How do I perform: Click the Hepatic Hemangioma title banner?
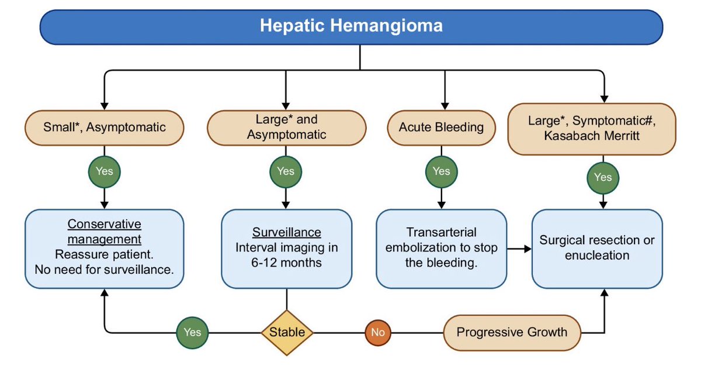351,27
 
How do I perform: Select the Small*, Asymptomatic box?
104,127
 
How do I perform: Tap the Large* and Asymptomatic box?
286,127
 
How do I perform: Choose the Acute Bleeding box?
441,127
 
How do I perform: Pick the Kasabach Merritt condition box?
591,129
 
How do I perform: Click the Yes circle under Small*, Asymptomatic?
104,172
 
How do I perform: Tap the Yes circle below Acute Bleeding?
441,172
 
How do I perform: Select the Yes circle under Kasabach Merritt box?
603,178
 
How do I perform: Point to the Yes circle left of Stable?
192,333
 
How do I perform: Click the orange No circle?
378,333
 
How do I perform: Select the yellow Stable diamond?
287,333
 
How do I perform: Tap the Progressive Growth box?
512,333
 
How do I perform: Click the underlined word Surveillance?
286,233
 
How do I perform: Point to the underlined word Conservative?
104,225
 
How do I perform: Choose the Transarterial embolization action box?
441,249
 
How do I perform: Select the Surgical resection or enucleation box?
597,249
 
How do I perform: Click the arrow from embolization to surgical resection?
519,249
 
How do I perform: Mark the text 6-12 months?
286,263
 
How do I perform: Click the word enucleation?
597,256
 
